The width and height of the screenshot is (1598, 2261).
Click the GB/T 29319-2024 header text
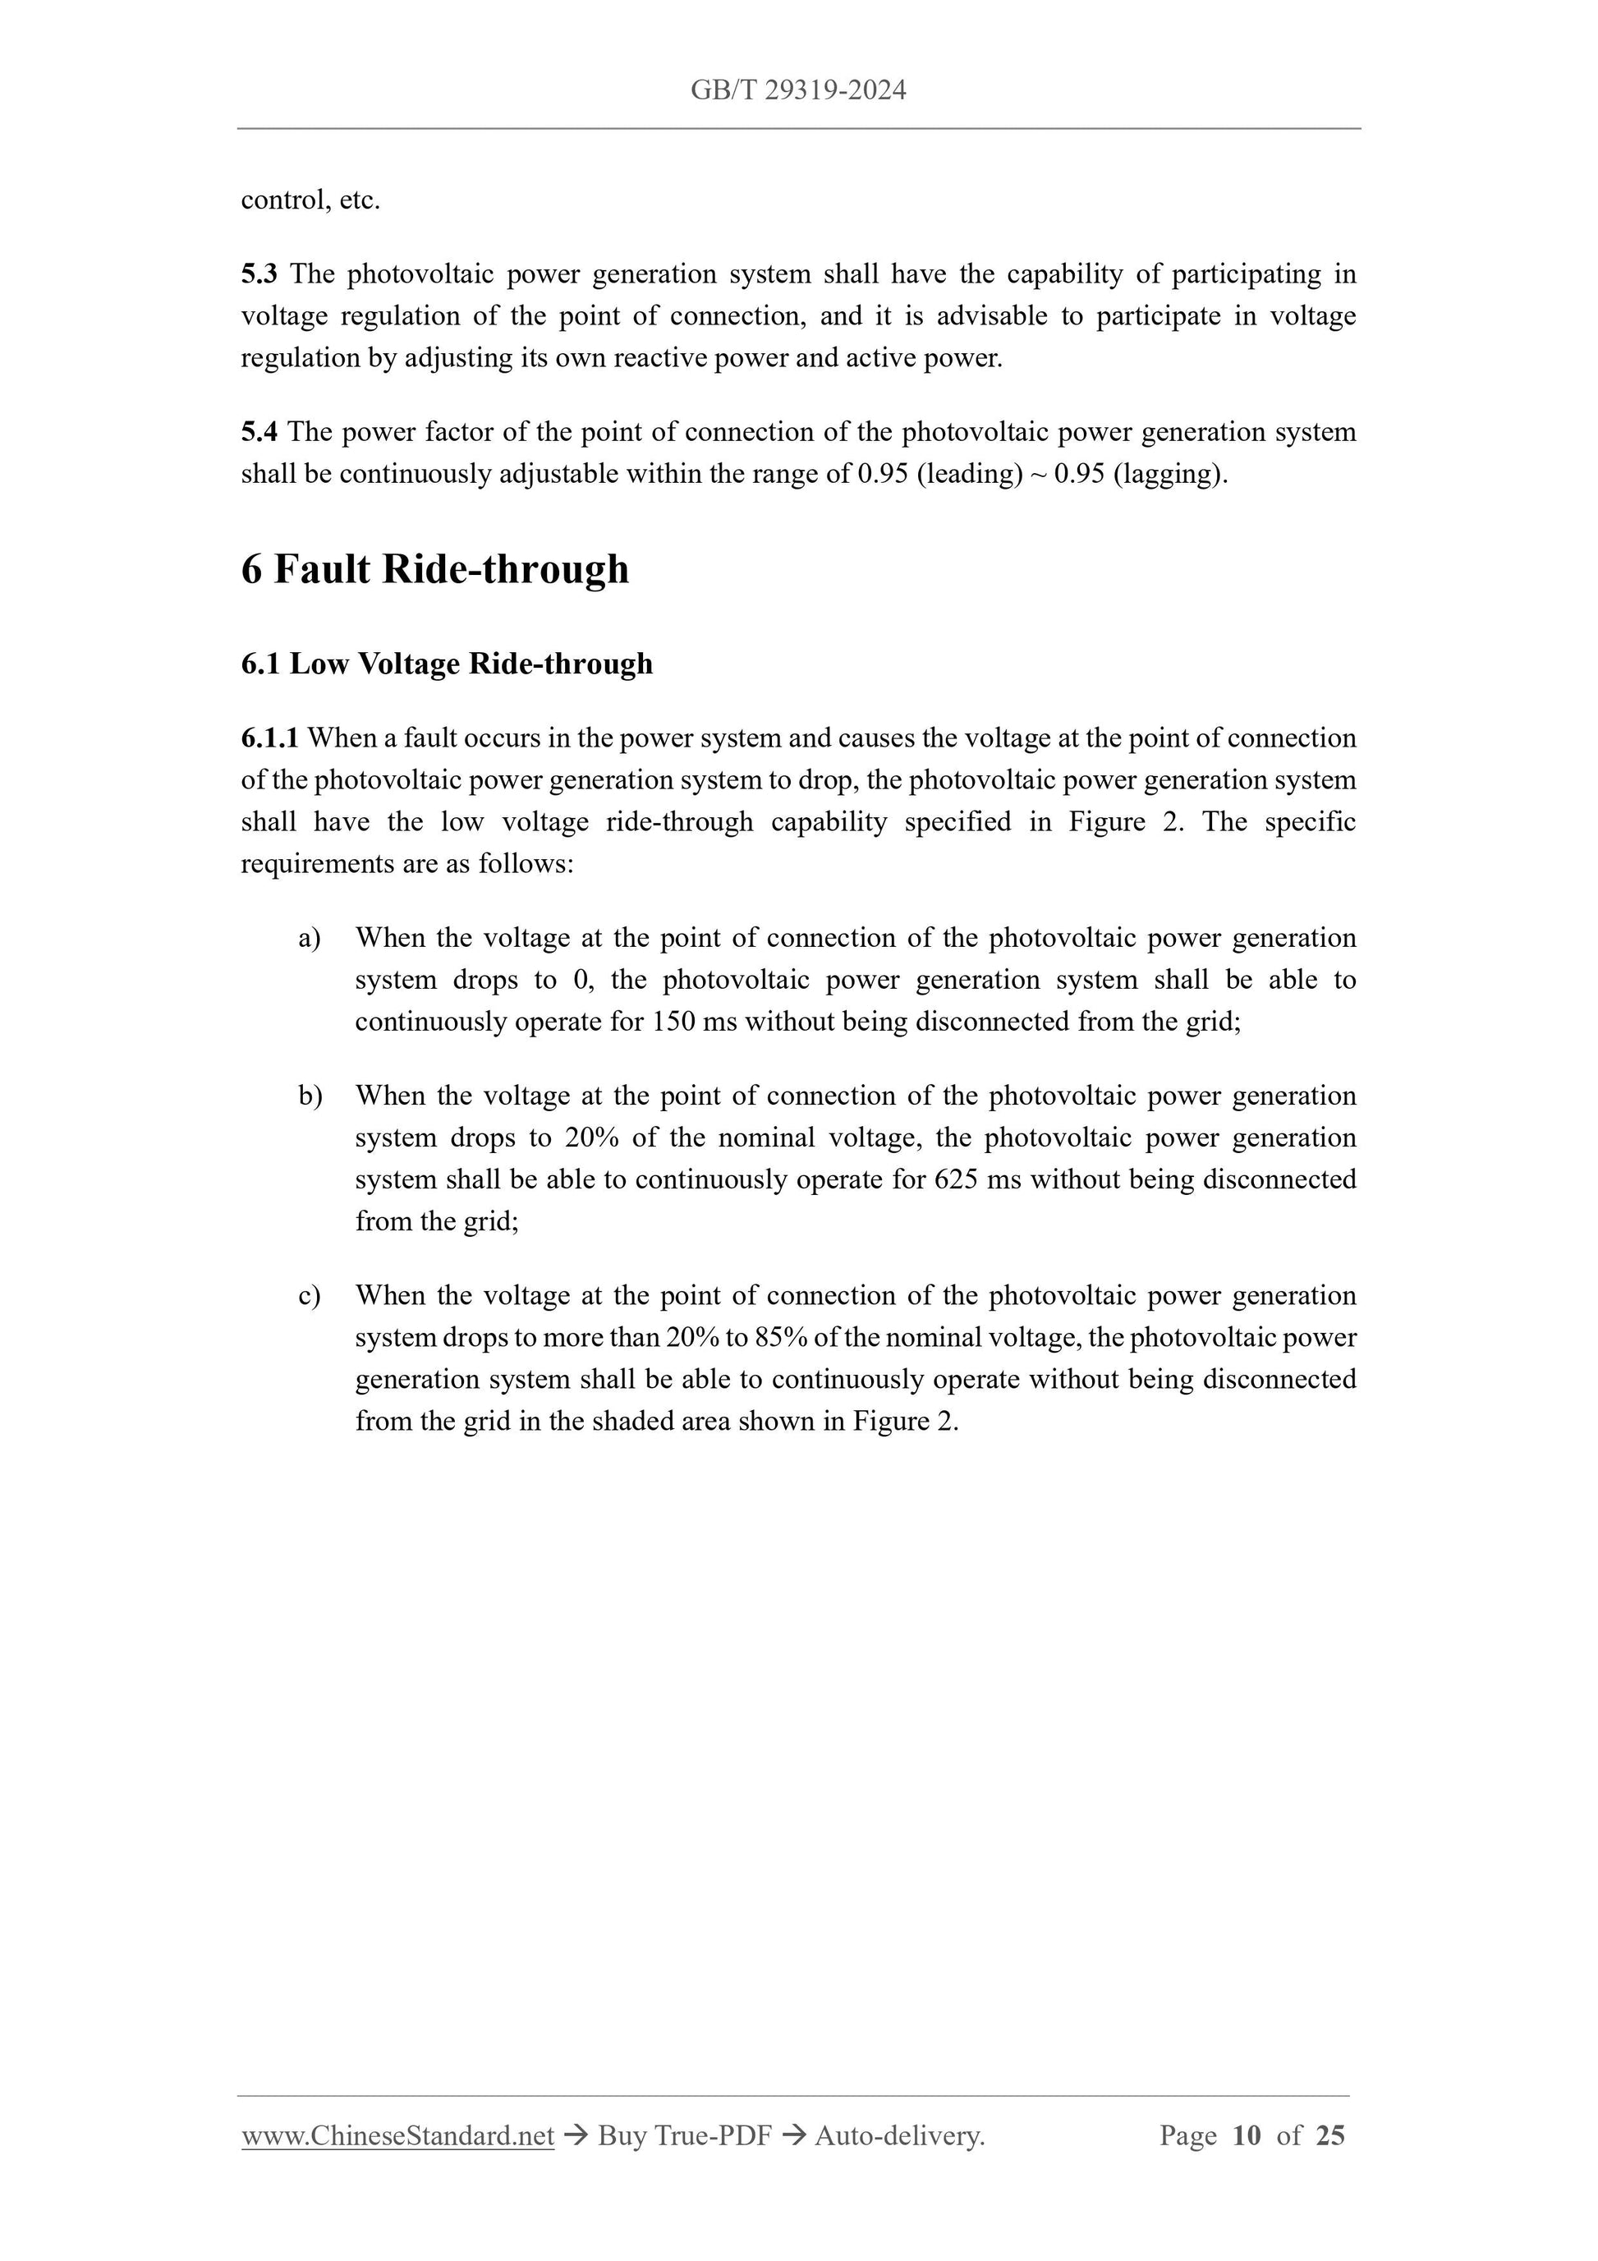[797, 90]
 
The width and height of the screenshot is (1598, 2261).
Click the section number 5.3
[259, 273]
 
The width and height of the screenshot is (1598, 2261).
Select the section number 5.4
[259, 432]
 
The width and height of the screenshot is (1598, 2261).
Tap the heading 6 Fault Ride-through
[434, 569]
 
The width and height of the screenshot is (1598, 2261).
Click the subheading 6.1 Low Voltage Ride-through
[446, 664]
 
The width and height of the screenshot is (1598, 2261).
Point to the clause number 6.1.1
[269, 738]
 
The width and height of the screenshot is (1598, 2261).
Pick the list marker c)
[309, 1296]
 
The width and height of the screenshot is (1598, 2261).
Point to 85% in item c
[781, 1338]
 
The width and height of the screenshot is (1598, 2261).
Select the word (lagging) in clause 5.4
[1171, 475]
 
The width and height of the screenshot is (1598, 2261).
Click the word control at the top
[282, 201]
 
